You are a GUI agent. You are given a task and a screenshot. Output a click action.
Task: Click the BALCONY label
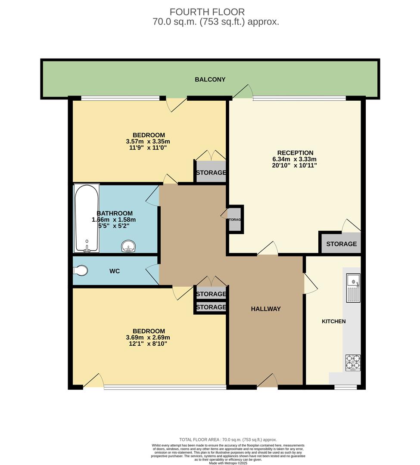point(210,79)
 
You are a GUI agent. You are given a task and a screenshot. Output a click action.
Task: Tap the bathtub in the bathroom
point(87,218)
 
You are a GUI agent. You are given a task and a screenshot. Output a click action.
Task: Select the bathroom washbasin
point(128,246)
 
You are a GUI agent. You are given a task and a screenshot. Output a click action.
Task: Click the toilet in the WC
point(81,270)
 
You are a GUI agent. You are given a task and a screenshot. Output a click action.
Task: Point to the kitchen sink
point(353,287)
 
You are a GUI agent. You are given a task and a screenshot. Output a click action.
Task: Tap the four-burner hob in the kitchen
point(353,362)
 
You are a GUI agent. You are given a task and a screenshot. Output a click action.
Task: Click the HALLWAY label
point(266,309)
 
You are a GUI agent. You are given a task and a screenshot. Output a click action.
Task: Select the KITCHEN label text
point(334,321)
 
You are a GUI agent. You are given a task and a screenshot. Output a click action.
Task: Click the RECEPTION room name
point(295,153)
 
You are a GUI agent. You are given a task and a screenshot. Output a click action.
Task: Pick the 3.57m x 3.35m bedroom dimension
point(148,141)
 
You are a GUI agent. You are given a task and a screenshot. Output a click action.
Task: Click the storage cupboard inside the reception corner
point(341,244)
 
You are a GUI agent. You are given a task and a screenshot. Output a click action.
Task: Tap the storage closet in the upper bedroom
point(211,172)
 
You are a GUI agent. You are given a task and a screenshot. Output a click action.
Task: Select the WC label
point(115,271)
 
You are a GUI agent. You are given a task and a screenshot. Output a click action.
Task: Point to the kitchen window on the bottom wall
point(346,387)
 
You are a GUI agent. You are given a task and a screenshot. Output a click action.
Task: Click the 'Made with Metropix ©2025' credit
point(228,463)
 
